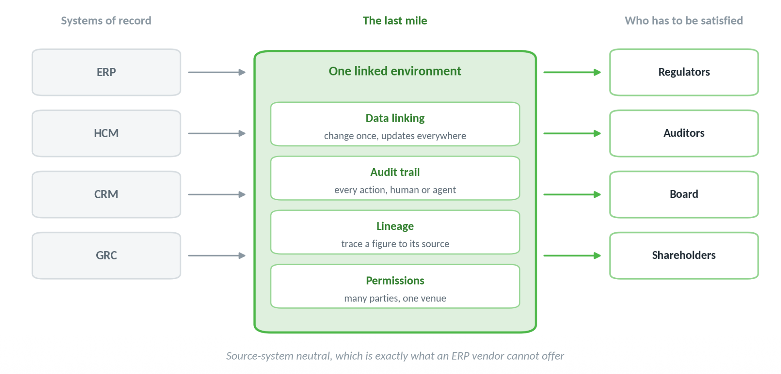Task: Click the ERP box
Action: click(106, 72)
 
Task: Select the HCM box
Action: click(106, 133)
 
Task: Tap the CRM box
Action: click(106, 195)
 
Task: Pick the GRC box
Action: click(106, 256)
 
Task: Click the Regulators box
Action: click(684, 72)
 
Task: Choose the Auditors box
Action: click(684, 133)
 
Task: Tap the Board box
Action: click(684, 195)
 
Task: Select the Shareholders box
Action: click(684, 256)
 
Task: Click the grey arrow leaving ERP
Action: click(217, 72)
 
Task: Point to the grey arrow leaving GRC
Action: click(217, 256)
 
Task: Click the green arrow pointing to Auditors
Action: click(572, 133)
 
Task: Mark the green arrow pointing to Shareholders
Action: click(572, 256)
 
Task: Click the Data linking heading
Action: click(395, 118)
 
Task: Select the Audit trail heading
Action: click(395, 172)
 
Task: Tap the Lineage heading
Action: click(395, 227)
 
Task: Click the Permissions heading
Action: click(395, 280)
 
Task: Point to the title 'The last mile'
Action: click(395, 20)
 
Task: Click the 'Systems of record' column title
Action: click(106, 21)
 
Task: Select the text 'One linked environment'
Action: click(395, 71)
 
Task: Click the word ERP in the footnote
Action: click(460, 356)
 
